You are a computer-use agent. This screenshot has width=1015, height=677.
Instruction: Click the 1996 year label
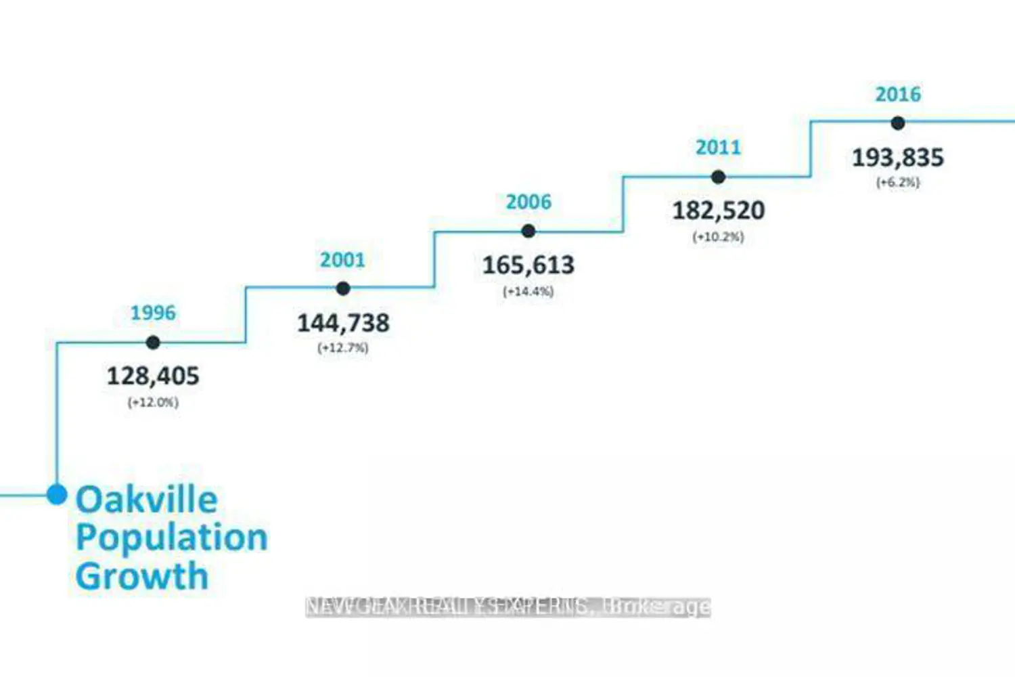pyautogui.click(x=153, y=313)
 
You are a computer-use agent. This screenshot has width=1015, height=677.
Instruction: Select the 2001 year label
pyautogui.click(x=342, y=260)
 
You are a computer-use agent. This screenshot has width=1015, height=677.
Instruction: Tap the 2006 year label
pyautogui.click(x=528, y=202)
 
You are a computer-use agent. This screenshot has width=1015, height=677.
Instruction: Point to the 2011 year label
pyautogui.click(x=718, y=148)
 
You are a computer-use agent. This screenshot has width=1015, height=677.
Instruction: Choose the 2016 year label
pyautogui.click(x=898, y=94)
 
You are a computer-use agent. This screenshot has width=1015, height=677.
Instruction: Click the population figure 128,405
pyautogui.click(x=153, y=376)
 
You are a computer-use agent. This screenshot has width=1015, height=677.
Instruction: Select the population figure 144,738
pyautogui.click(x=343, y=323)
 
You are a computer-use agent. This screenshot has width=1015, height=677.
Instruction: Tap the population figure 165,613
pyautogui.click(x=528, y=265)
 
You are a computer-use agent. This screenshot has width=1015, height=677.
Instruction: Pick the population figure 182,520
pyautogui.click(x=718, y=211)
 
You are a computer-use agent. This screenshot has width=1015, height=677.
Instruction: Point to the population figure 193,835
pyautogui.click(x=898, y=158)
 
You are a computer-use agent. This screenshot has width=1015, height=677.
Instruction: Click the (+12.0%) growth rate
pyautogui.click(x=153, y=402)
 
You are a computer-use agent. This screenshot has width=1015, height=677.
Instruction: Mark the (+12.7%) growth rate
pyautogui.click(x=343, y=348)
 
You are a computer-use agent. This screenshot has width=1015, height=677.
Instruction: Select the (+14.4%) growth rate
pyautogui.click(x=528, y=292)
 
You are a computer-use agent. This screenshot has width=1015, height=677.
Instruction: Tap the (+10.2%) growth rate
pyautogui.click(x=718, y=237)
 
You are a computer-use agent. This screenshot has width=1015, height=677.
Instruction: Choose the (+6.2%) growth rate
pyautogui.click(x=898, y=182)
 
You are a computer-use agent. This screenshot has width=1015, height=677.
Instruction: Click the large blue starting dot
pyautogui.click(x=57, y=494)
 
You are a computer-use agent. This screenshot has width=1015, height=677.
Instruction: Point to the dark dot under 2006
pyautogui.click(x=528, y=232)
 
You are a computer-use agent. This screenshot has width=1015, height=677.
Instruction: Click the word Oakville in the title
pyautogui.click(x=147, y=500)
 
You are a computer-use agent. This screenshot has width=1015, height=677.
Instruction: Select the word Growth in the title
pyautogui.click(x=142, y=576)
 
